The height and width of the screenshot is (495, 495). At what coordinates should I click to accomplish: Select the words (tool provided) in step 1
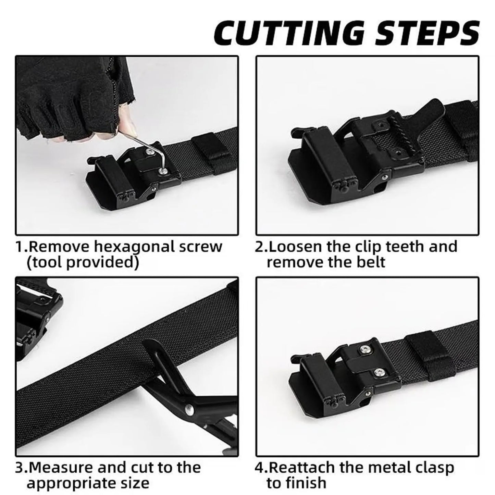(83, 263)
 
